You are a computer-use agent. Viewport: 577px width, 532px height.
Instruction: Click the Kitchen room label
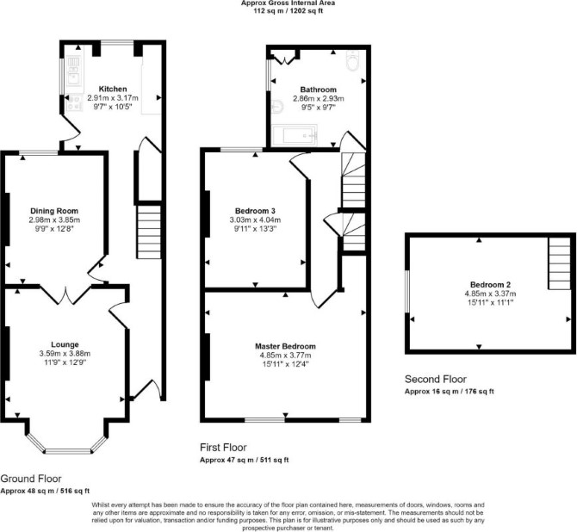(113, 89)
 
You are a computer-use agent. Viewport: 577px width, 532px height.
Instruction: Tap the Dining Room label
(54, 211)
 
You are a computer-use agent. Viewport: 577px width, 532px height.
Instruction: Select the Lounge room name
(65, 344)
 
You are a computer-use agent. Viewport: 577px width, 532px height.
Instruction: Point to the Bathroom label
(319, 90)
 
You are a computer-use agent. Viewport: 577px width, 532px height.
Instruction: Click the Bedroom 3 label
(255, 211)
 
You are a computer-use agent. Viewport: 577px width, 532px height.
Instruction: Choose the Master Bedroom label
(285, 347)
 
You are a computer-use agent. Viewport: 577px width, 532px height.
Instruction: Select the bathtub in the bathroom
(295, 135)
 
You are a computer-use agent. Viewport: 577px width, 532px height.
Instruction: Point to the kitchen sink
(74, 71)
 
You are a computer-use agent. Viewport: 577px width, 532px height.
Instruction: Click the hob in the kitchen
(74, 102)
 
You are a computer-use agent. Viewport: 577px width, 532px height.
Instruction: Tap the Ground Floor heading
(31, 479)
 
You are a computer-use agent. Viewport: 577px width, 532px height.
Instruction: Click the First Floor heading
(223, 448)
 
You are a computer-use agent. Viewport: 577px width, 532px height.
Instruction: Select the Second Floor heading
(436, 380)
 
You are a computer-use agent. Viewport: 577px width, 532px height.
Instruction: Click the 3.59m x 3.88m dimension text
(65, 354)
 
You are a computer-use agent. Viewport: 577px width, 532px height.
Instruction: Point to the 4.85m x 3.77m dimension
(285, 356)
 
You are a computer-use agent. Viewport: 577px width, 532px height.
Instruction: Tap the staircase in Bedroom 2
(560, 263)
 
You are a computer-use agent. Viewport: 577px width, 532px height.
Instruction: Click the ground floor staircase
(149, 232)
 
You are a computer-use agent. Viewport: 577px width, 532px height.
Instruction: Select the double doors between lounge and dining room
(65, 295)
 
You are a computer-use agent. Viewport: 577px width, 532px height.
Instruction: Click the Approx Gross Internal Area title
(288, 3)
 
